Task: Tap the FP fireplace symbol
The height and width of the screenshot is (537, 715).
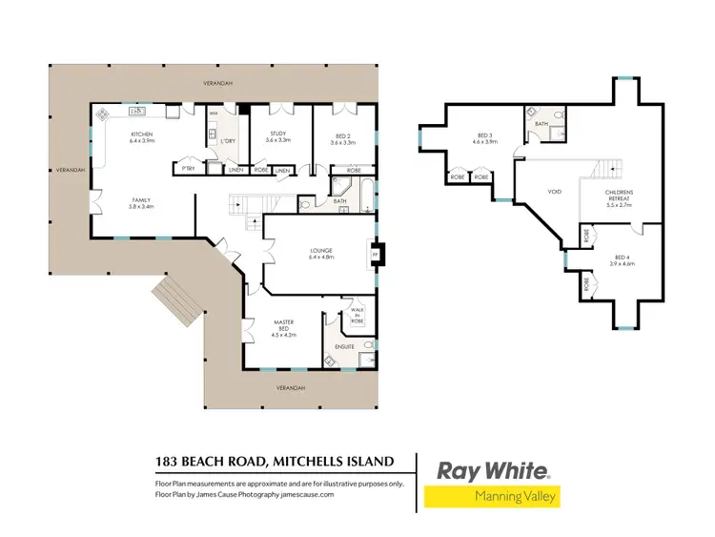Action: tap(376, 255)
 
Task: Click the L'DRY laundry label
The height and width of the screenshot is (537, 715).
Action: tap(228, 142)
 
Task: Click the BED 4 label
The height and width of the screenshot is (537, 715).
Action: tap(624, 259)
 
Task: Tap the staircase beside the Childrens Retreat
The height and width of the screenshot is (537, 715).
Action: tap(603, 170)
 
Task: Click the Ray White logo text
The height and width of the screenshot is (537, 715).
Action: tap(492, 470)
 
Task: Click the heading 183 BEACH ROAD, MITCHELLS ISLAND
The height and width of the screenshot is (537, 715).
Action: tap(274, 462)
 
